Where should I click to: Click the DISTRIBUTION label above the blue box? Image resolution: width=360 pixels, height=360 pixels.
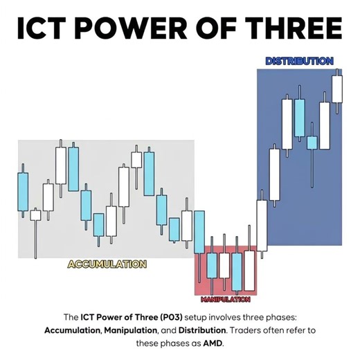coord(299,61)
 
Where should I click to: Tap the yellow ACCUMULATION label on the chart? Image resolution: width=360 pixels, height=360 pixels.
coord(107,264)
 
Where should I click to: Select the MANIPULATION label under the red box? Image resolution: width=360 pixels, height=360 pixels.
coord(225,300)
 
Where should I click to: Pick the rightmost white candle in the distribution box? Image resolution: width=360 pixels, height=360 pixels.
coord(337,88)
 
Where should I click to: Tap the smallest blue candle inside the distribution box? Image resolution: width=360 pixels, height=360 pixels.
coord(312,143)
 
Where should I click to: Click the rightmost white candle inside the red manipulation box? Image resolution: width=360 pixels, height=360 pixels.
coord(250,270)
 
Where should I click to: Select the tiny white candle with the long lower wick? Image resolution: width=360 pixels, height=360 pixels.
coord(35,215)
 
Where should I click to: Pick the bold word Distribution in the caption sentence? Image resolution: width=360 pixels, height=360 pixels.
coord(199,330)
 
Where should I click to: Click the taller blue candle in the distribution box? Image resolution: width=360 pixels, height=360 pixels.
coord(299,117)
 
